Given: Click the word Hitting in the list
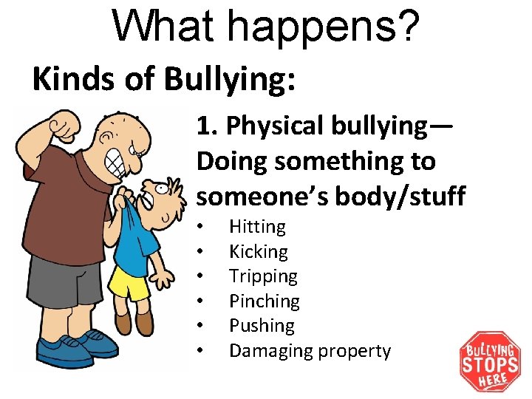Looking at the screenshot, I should (x=257, y=227).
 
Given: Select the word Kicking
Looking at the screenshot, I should (x=258, y=252).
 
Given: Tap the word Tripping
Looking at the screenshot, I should (x=263, y=277).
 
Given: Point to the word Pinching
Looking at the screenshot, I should (x=264, y=301).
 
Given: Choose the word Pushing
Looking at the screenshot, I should (x=262, y=326).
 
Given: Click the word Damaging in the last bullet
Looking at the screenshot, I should (x=270, y=351).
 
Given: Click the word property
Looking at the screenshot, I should (x=354, y=351).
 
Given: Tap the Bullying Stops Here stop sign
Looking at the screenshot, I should (x=490, y=361).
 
